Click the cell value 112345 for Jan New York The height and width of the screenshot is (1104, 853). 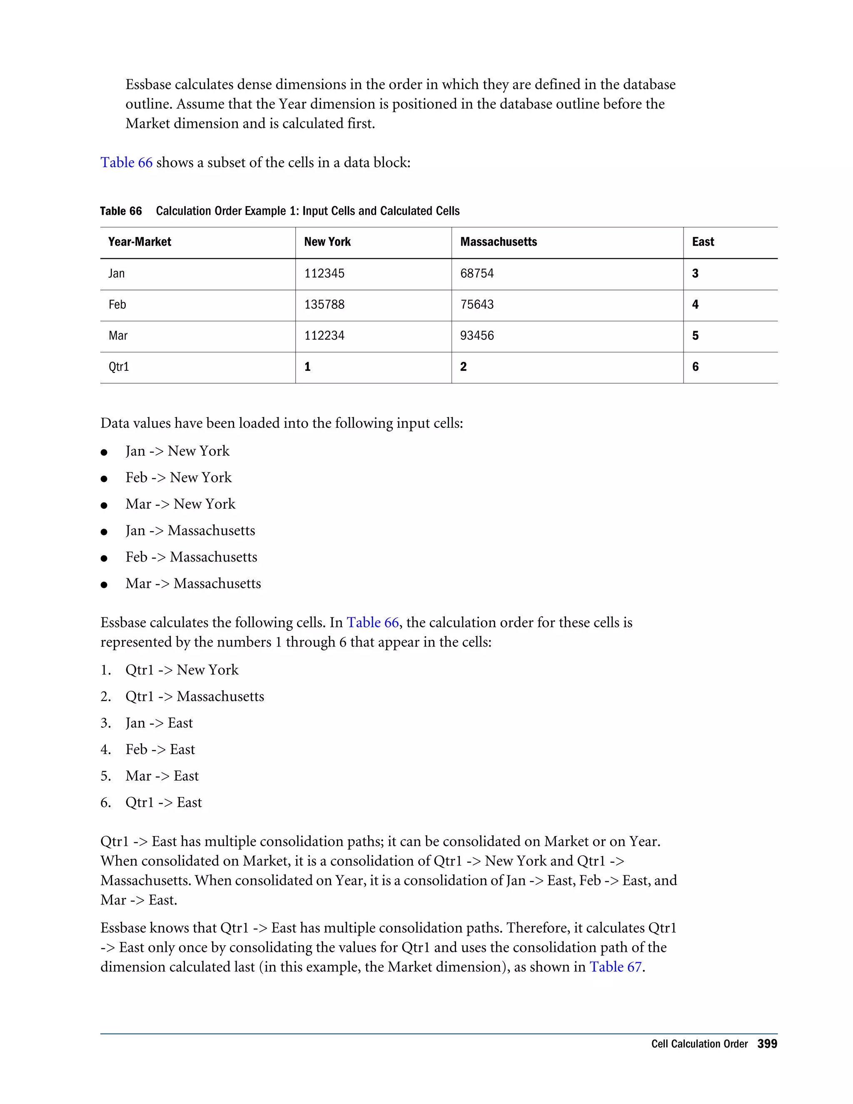324,273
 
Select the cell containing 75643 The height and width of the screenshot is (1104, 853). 476,304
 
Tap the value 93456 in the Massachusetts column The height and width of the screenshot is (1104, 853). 476,336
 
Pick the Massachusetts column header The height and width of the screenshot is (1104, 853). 498,242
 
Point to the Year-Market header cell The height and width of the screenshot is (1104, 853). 140,242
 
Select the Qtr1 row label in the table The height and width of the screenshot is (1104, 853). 119,367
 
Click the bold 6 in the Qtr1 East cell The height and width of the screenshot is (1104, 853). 695,367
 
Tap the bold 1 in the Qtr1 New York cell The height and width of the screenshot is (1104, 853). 307,367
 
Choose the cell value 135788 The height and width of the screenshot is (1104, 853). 324,304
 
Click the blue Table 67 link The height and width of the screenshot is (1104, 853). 615,967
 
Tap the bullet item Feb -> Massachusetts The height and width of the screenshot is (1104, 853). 191,557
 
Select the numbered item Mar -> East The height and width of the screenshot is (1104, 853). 162,776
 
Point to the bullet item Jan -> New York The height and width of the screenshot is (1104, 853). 177,451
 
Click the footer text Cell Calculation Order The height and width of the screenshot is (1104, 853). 699,1044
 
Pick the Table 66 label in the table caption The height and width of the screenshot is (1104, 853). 121,211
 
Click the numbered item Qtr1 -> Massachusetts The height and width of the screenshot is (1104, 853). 195,697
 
